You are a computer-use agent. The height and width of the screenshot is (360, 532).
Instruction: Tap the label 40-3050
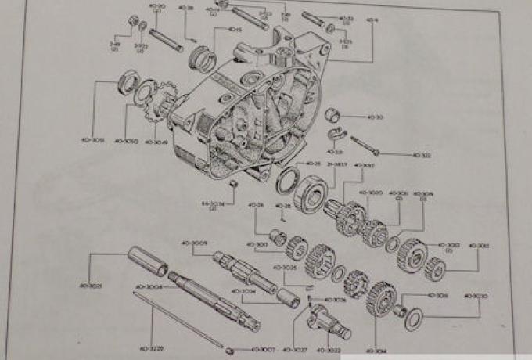(126, 142)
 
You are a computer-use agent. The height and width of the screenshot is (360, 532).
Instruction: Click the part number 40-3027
(294, 349)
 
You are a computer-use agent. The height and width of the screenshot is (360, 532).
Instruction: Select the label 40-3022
(332, 349)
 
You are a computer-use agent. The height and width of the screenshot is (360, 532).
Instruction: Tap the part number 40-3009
(195, 243)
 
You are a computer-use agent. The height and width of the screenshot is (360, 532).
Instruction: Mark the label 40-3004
(149, 287)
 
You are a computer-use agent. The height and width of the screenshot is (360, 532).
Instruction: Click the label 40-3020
(371, 193)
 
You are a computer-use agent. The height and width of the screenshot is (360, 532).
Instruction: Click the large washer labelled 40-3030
(415, 315)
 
